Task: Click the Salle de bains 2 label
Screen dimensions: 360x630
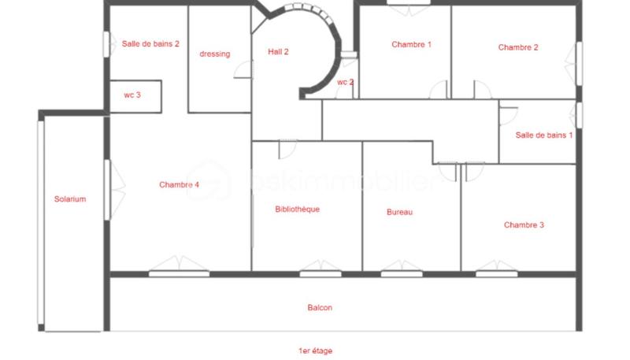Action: pyautogui.click(x=150, y=44)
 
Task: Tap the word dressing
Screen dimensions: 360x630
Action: pyautogui.click(x=215, y=54)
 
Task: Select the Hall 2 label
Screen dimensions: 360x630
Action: pyautogui.click(x=278, y=52)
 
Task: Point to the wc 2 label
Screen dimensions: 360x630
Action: pyautogui.click(x=345, y=82)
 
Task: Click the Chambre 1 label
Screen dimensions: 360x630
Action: pyautogui.click(x=411, y=45)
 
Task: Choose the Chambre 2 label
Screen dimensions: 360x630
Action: pyautogui.click(x=518, y=47)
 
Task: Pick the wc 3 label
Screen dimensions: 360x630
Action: pyautogui.click(x=132, y=95)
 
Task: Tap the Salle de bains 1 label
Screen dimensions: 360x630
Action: pyautogui.click(x=544, y=135)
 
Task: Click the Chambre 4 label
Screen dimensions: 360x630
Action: pyautogui.click(x=179, y=185)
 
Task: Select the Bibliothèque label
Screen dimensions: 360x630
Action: pyautogui.click(x=297, y=210)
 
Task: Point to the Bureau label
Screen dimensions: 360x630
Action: pyautogui.click(x=399, y=212)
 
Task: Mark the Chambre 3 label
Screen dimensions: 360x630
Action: pyautogui.click(x=524, y=225)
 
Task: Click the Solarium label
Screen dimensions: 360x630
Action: pyautogui.click(x=70, y=199)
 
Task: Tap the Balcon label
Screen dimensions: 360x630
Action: pyautogui.click(x=320, y=308)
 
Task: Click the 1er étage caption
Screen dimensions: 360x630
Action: pyautogui.click(x=315, y=350)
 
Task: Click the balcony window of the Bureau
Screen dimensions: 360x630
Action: pyautogui.click(x=402, y=273)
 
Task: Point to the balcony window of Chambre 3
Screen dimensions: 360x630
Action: pyautogui.click(x=497, y=273)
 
